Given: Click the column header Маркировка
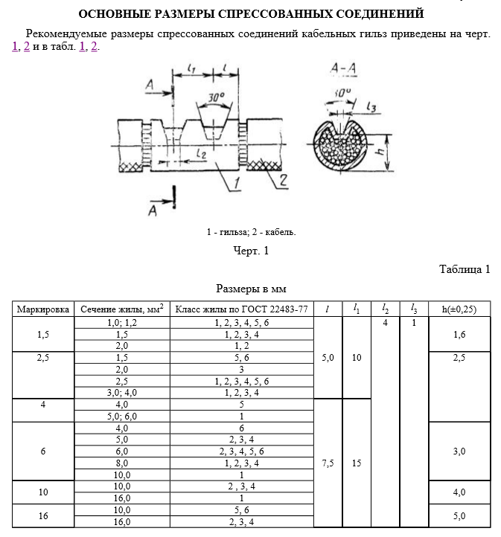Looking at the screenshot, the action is [x=43, y=309].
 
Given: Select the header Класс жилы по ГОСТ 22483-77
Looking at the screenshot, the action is [x=242, y=309].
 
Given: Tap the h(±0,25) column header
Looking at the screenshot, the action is [x=459, y=309].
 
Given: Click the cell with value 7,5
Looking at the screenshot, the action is [x=328, y=463].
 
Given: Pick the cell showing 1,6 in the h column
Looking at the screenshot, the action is [x=459, y=334].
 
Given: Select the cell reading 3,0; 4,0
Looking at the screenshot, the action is [x=121, y=393].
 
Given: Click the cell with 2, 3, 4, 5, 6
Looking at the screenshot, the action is [x=242, y=451].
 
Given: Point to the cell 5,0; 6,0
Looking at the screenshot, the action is [x=121, y=416].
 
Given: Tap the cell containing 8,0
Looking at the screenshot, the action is [x=121, y=463].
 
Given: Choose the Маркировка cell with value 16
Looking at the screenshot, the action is [x=43, y=515].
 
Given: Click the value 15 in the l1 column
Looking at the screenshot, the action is [x=357, y=463].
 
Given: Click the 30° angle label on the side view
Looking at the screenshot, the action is [x=216, y=97].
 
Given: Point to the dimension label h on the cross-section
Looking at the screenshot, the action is [x=380, y=149].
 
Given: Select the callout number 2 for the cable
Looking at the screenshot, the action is [x=283, y=180].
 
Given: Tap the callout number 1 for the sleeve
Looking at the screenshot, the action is [x=237, y=183].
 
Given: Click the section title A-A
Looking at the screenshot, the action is [x=343, y=68].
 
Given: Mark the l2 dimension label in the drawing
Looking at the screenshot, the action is [x=202, y=153].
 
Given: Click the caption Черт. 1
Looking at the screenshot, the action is [x=251, y=251].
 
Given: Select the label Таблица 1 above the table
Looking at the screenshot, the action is [x=465, y=269].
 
